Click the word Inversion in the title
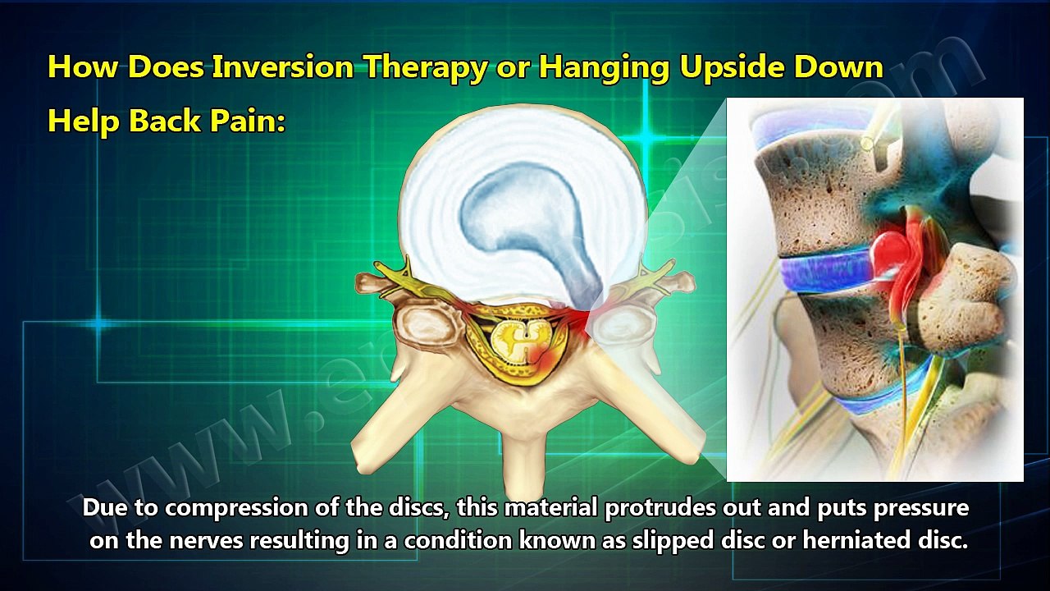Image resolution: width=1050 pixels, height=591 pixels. coord(284,67)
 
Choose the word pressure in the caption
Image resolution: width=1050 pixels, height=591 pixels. coord(920,508)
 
